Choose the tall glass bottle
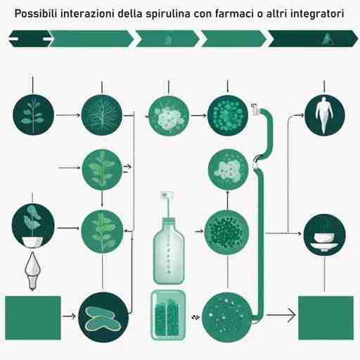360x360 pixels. (169, 239)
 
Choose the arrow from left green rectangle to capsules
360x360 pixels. (70, 316)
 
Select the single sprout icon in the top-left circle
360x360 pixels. (32, 113)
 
